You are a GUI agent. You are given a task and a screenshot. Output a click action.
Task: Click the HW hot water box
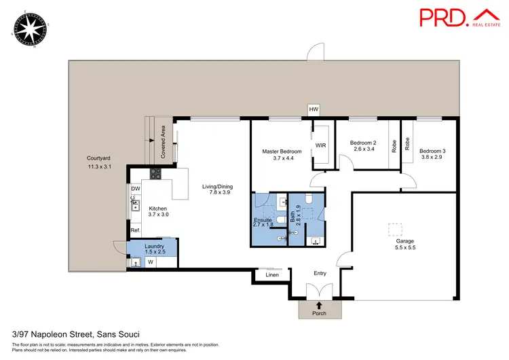[x=313, y=109]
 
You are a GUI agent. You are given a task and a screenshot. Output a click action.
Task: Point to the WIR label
[x=321, y=146]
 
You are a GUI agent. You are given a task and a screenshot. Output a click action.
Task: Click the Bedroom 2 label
[x=365, y=143]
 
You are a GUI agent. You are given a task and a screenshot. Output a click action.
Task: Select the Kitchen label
[x=157, y=208]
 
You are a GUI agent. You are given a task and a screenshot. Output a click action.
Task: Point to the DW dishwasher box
[x=135, y=189]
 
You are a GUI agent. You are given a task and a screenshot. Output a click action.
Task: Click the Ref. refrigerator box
[x=135, y=231]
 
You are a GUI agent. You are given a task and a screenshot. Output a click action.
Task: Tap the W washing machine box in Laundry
[x=150, y=262]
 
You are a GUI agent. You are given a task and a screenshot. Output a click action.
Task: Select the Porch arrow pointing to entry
[x=320, y=306]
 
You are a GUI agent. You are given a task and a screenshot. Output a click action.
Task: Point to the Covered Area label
[x=163, y=142]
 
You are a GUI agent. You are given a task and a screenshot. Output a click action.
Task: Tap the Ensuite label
[x=263, y=220]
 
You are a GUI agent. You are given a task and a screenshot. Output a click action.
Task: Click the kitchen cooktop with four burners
[x=154, y=175]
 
